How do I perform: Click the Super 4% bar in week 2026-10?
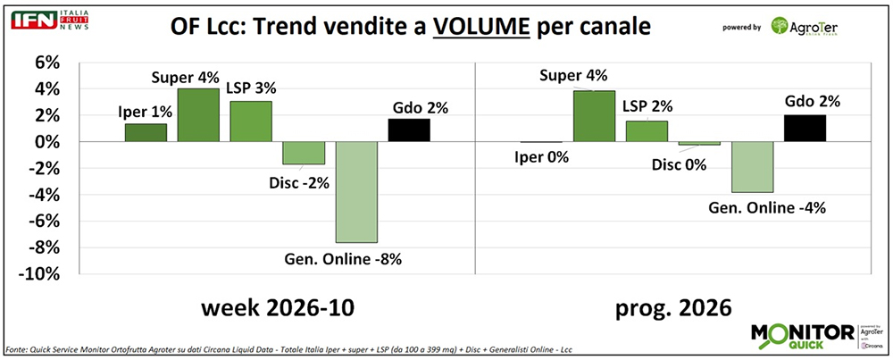pos(197,115)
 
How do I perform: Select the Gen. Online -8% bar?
pos(355,192)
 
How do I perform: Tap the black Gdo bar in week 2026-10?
pos(409,130)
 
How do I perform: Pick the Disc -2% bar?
pos(304,153)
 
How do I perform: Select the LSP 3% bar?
pos(251,121)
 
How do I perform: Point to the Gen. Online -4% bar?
pos(752,167)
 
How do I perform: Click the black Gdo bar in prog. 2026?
pos(804,129)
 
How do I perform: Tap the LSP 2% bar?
pos(647,131)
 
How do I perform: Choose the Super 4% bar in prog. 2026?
pos(594,116)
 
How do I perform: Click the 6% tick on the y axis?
pos(46,63)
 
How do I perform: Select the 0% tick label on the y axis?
pos(46,142)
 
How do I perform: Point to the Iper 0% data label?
pos(544,159)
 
